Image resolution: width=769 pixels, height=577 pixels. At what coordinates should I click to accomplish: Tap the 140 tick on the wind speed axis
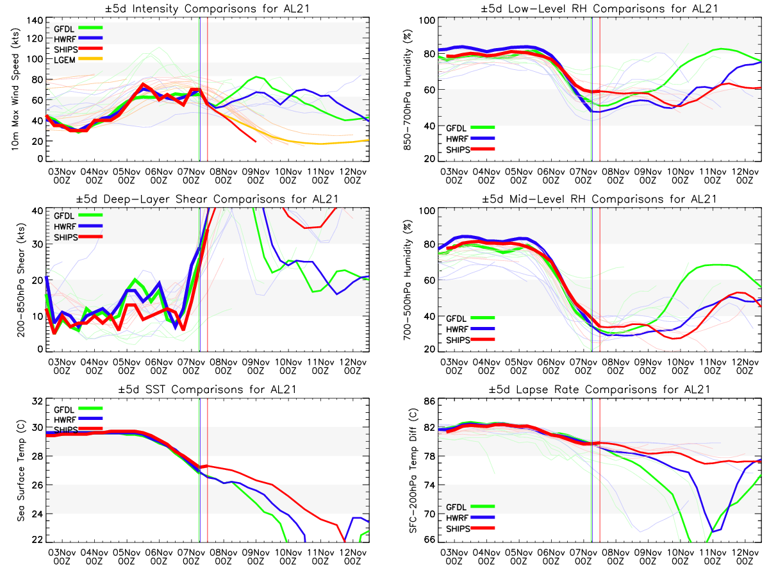click(x=32, y=20)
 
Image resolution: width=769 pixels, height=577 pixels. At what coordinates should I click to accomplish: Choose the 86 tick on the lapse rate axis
click(x=427, y=401)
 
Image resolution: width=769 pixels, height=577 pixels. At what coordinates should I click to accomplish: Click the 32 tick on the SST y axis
click(x=35, y=401)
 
